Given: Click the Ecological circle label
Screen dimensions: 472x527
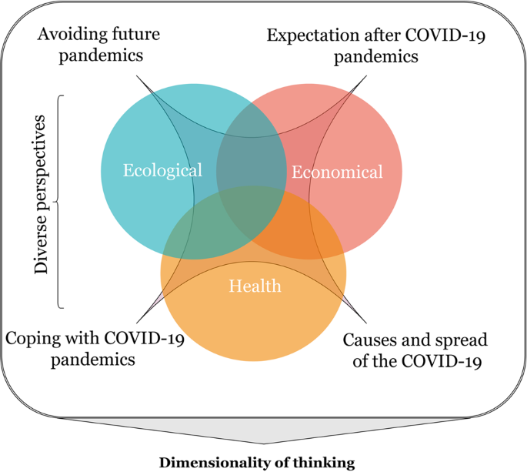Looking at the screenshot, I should click(162, 169).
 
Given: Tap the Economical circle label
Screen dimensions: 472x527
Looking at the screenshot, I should click(336, 172).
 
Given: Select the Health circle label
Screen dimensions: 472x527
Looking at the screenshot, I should click(255, 286).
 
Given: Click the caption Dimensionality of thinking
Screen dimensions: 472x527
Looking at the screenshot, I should click(256, 462).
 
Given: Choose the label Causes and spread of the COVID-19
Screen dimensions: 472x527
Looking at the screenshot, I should click(415, 350).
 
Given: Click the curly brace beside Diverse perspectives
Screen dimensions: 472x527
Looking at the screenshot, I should click(62, 202).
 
